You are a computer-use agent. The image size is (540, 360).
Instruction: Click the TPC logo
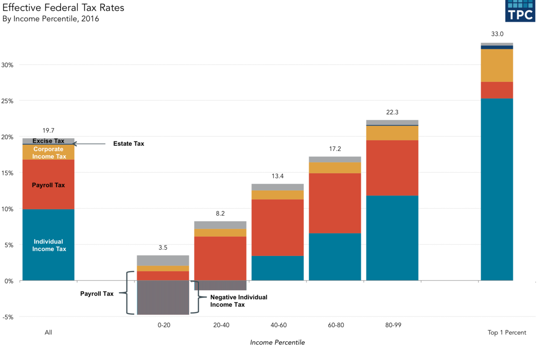[521, 11]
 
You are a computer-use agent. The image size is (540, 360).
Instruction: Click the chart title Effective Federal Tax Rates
[63, 8]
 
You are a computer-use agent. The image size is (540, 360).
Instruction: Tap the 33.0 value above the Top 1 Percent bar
[497, 34]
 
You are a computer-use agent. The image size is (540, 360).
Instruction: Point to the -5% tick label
[8, 317]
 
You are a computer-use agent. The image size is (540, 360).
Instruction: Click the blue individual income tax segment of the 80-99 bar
[392, 238]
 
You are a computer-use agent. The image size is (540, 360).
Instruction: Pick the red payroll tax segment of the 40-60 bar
[277, 227]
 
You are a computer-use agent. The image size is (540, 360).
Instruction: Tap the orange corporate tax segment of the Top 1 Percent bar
[497, 65]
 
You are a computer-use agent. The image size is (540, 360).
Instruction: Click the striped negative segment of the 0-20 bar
[163, 297]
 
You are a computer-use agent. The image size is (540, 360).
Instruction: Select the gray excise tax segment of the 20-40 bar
[220, 225]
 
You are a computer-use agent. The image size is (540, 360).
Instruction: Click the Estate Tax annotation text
[128, 144]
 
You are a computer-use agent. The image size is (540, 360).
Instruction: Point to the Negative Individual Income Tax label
[238, 301]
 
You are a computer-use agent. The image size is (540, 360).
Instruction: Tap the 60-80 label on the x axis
[335, 325]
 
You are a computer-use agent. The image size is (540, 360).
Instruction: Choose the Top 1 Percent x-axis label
[507, 333]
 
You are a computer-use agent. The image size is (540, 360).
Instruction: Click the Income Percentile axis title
[277, 342]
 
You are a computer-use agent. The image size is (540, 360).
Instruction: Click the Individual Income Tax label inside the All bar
[48, 245]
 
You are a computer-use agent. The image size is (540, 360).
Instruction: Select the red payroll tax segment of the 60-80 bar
[335, 203]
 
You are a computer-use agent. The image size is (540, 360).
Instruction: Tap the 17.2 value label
[335, 148]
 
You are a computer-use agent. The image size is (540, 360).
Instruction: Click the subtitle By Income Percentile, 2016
[50, 19]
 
